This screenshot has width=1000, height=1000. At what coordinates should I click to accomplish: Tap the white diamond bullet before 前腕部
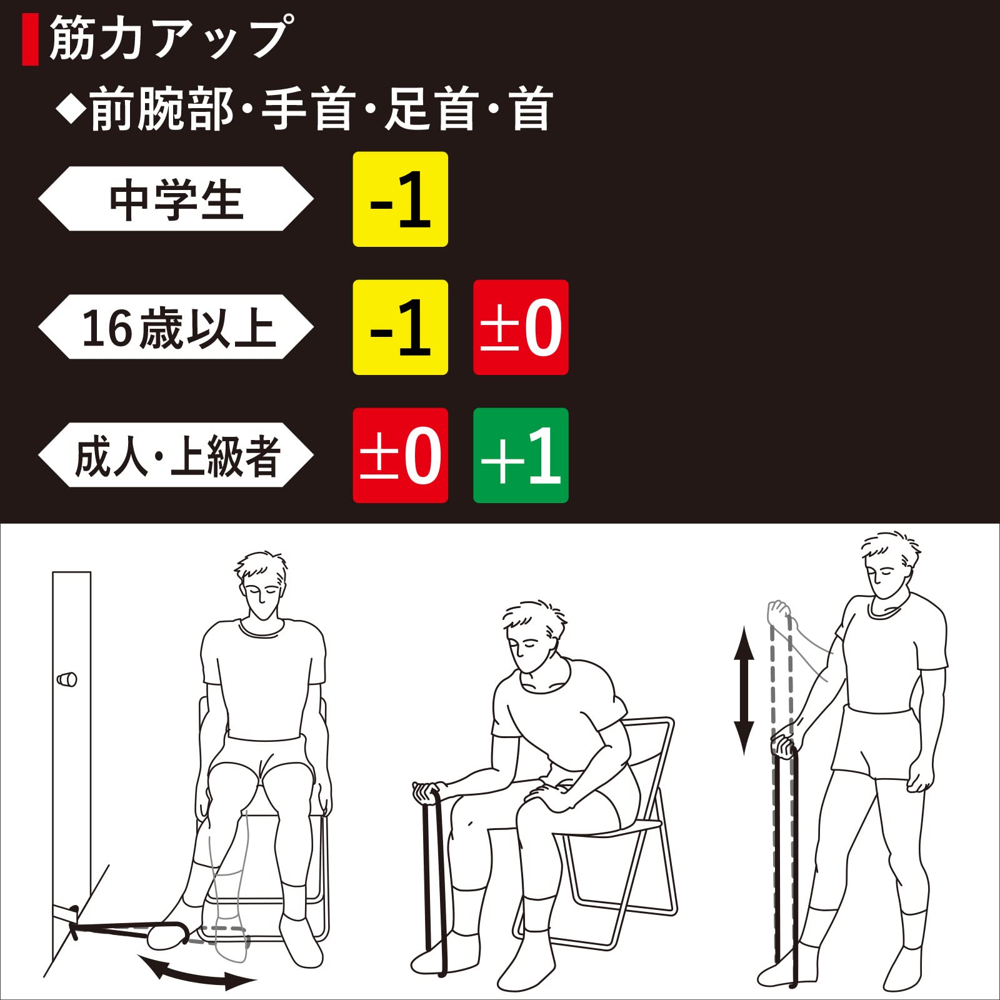70,109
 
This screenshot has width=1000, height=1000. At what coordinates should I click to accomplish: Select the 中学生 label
176,199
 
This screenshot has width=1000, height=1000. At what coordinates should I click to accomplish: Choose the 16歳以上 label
176,327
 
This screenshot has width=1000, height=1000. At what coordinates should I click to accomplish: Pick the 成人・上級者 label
176,455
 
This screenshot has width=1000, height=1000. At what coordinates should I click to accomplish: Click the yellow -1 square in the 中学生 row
401,199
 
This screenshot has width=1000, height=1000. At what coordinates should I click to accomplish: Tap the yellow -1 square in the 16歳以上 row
401,327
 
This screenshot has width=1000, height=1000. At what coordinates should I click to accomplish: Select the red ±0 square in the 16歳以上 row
521,327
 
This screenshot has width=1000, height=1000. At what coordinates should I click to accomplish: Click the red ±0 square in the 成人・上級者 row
401,455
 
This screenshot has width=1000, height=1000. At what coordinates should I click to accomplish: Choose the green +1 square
521,455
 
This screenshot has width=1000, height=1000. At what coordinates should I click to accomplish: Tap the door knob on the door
67,679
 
